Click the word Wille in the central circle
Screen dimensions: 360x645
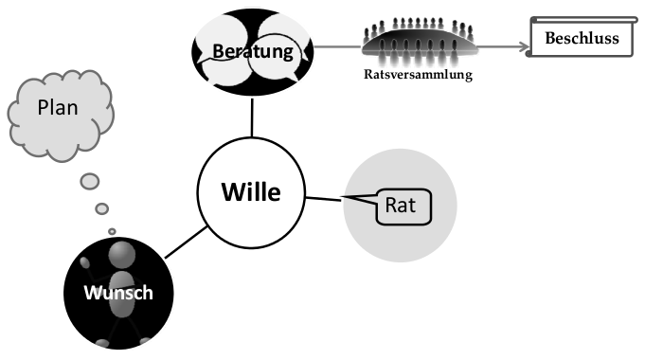point(251,191)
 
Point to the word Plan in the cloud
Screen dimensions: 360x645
point(58,108)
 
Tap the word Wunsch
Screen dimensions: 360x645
point(118,292)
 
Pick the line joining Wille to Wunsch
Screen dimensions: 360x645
point(185,242)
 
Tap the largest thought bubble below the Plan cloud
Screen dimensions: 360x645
point(90,180)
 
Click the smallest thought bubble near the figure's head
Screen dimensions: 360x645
point(112,230)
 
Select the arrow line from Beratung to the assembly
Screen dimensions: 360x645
point(337,44)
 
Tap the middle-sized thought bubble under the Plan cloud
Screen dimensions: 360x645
point(101,207)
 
